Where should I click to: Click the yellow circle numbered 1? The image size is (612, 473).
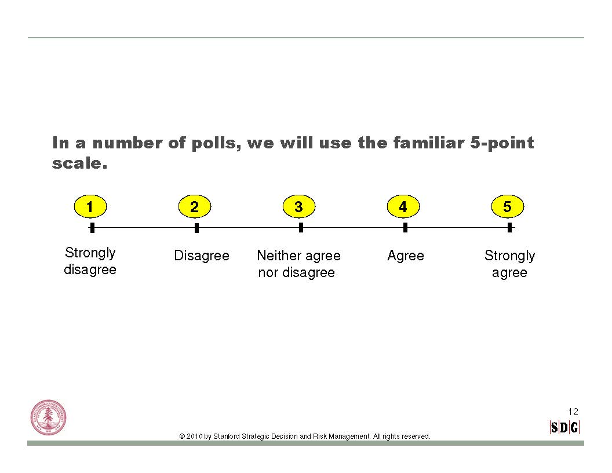tap(90, 206)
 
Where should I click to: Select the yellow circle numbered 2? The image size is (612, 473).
tap(195, 206)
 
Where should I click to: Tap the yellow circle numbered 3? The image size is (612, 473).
tap(299, 206)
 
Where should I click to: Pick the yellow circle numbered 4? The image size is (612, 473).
tap(403, 206)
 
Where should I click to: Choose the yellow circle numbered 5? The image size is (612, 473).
tap(508, 206)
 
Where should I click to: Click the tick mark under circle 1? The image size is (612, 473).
tap(92, 228)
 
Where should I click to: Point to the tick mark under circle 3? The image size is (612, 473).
tap(301, 228)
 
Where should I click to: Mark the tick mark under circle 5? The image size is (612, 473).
tap(509, 228)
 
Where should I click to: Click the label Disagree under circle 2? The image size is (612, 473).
tap(202, 256)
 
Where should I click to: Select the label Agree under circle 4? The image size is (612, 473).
tap(406, 256)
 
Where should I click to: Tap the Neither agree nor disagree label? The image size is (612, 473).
tap(298, 264)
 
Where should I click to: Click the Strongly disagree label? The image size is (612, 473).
tap(90, 261)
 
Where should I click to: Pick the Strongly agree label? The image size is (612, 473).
tap(510, 264)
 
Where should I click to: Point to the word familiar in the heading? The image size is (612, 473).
tap(429, 143)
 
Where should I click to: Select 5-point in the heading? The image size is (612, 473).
tap(502, 143)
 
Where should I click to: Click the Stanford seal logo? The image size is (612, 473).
tap(49, 417)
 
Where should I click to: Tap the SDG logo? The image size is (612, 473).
tap(564, 427)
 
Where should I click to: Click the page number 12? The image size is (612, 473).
tap(573, 412)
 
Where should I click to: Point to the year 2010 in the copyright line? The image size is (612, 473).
tap(194, 436)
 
